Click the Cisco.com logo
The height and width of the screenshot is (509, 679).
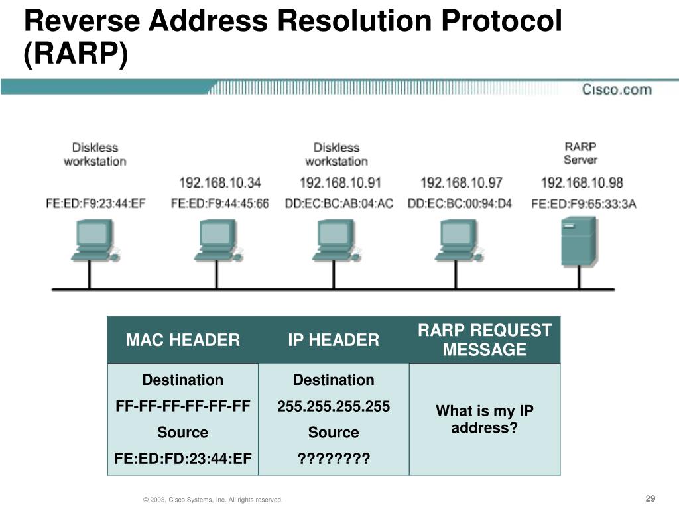pos(617,89)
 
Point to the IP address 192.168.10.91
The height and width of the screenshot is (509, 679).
pos(340,182)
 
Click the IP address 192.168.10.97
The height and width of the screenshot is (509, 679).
pos(462,182)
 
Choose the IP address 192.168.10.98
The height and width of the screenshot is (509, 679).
pos(582,182)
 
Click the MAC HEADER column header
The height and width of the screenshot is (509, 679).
pos(183,341)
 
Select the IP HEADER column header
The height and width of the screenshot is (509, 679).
pos(334,341)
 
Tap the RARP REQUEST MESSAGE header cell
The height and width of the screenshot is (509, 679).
pos(485,340)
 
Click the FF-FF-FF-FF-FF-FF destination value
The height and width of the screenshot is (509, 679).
pos(183,406)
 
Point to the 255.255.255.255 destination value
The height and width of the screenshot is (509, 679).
pos(334,406)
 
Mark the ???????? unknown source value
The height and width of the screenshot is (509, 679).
pos(334,459)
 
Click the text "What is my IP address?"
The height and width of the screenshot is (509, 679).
pos(485,420)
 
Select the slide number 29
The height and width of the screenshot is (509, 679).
pos(650,498)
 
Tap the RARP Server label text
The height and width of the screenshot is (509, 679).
pos(581,153)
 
